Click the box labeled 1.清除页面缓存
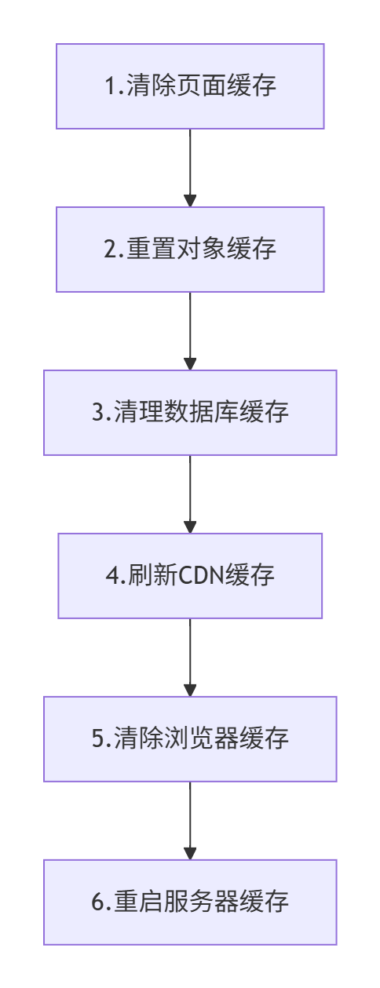(x=190, y=86)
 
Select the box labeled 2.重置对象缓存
(x=190, y=250)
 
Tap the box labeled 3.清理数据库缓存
(x=190, y=413)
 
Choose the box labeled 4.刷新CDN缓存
(x=190, y=576)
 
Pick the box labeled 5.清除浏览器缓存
(x=190, y=739)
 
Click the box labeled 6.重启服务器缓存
(x=190, y=902)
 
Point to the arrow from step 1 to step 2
(x=190, y=168)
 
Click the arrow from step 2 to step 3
(x=190, y=331)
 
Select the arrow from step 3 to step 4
(x=190, y=494)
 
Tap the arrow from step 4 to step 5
(x=190, y=658)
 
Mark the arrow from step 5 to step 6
(x=190, y=821)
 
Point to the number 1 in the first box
(x=111, y=86)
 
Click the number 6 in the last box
(x=97, y=902)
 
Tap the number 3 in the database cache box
(x=97, y=412)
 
